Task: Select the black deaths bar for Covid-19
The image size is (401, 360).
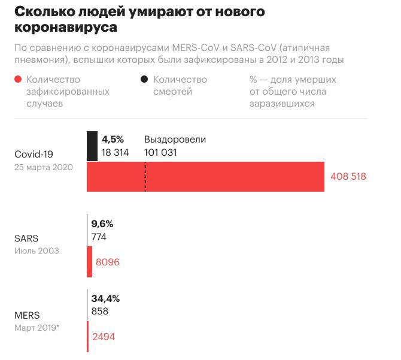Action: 92,146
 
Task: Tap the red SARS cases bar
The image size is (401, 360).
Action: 90,262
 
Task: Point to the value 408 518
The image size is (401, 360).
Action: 348,177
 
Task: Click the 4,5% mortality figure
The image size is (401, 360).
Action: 112,140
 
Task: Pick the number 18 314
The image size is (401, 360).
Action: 116,152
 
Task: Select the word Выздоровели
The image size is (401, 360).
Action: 175,140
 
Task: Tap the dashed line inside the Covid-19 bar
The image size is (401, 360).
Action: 145,177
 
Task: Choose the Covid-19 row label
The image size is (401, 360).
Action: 34,155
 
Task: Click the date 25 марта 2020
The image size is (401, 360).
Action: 44,168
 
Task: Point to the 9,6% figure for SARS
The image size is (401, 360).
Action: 102,224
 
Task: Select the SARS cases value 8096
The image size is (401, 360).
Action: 108,262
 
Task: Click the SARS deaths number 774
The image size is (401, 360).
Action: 99,237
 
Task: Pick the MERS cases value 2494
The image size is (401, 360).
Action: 103,337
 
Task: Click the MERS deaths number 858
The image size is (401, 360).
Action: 99,311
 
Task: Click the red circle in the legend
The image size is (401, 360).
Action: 19,80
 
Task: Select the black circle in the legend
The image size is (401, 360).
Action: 144,80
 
